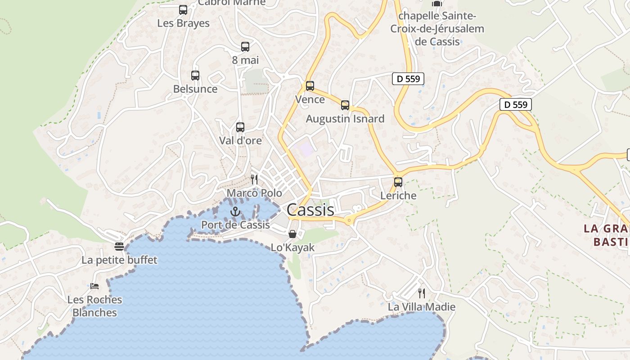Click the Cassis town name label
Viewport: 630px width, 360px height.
tap(310, 210)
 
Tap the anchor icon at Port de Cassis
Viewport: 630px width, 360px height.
tap(235, 211)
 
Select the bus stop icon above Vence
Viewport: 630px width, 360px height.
tap(310, 86)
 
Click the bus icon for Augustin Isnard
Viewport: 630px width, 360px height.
tap(345, 105)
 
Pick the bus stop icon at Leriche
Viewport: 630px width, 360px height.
tap(398, 182)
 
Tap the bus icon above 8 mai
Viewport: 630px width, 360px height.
tap(245, 46)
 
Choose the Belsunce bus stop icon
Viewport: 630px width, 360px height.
tap(195, 76)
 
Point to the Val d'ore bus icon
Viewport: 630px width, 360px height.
tap(240, 127)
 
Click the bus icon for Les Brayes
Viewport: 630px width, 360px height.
tap(183, 10)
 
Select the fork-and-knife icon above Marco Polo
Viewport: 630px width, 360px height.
tap(255, 180)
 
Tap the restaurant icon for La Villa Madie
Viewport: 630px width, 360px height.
tap(422, 293)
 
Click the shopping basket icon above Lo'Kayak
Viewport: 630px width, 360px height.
tap(292, 234)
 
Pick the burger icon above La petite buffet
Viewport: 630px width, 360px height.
tap(119, 246)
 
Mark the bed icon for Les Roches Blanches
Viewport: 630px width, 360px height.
tap(94, 286)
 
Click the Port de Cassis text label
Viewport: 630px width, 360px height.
tap(235, 225)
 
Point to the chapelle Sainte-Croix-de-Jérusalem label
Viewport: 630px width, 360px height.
tap(437, 29)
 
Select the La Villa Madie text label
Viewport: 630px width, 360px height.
tap(422, 307)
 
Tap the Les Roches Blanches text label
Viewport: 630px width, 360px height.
tap(94, 306)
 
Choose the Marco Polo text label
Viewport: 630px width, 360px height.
tap(254, 193)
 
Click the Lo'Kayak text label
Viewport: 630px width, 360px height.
tap(292, 247)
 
